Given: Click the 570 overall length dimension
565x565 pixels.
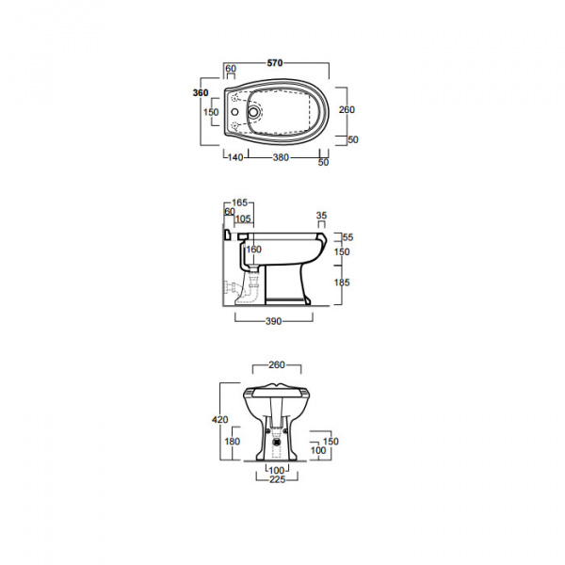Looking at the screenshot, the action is (275, 63).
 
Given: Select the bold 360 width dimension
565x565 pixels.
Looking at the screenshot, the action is (201, 93).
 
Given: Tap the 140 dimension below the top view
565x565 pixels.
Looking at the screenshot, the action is (235, 157).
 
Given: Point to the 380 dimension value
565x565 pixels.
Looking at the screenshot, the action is (281, 157).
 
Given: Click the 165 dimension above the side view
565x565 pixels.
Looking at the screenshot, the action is (239, 202).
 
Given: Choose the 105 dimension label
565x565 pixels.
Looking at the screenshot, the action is (243, 218).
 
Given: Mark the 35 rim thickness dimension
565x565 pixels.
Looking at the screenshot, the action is (321, 216).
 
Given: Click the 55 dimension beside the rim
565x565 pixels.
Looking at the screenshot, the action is (348, 237).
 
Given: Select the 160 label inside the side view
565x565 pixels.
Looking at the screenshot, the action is (254, 250).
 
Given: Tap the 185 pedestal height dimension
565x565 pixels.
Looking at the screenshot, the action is (342, 282).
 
